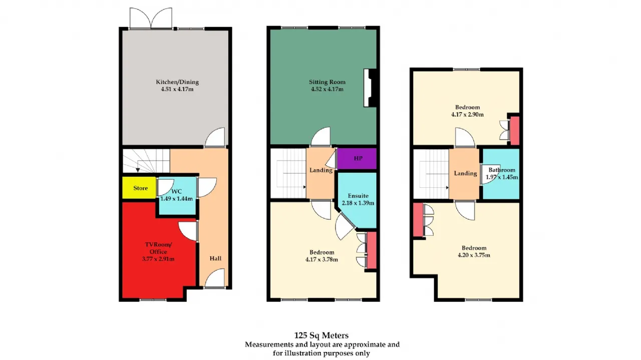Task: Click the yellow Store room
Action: coord(139,188)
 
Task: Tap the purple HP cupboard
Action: coord(357,159)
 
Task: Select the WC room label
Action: coord(177,191)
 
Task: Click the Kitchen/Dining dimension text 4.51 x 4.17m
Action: coord(177,89)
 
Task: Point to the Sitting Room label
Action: coord(327,82)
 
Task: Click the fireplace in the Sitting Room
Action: coord(370,88)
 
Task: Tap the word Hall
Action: coord(215,258)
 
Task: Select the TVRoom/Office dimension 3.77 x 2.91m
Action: coord(158,259)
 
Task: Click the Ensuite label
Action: coord(358,196)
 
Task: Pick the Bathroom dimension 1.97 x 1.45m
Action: coord(502,177)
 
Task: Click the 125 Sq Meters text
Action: coord(322,335)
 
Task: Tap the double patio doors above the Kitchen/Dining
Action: coord(151,18)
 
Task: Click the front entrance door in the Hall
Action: coord(215,278)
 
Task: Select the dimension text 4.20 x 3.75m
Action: coord(474,255)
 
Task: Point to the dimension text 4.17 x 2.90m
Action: coord(468,115)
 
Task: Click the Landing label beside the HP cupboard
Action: coord(321,170)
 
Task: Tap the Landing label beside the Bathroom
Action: coord(465,173)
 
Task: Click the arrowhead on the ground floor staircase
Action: coord(138,170)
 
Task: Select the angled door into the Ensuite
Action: coord(346,226)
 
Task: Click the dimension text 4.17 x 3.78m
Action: coord(322,259)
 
